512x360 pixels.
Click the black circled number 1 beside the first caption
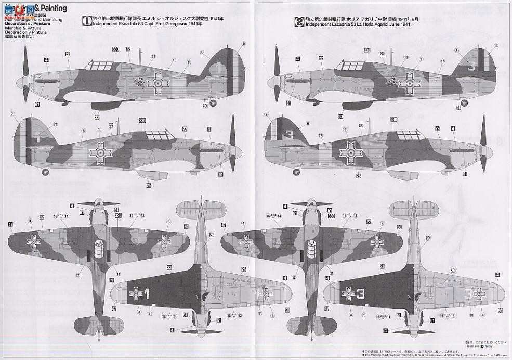(x=88, y=21)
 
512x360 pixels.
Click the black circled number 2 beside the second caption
(x=299, y=21)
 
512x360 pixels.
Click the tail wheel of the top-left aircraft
(x=213, y=104)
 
